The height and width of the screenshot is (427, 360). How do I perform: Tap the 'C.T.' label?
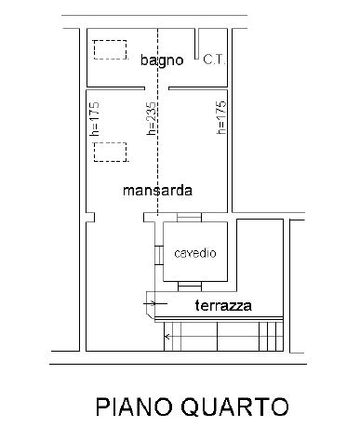click(214, 60)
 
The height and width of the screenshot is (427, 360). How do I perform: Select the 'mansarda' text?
click(156, 191)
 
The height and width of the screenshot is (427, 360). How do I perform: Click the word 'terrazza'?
click(223, 305)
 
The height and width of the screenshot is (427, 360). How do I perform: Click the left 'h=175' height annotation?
click(96, 119)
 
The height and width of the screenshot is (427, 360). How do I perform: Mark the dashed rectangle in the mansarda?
click(109, 152)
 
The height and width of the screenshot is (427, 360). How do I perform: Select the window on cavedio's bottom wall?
click(194, 285)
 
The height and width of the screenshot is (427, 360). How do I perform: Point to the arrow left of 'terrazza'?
click(149, 301)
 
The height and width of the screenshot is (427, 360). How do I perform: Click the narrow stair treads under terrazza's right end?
click(270, 332)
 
